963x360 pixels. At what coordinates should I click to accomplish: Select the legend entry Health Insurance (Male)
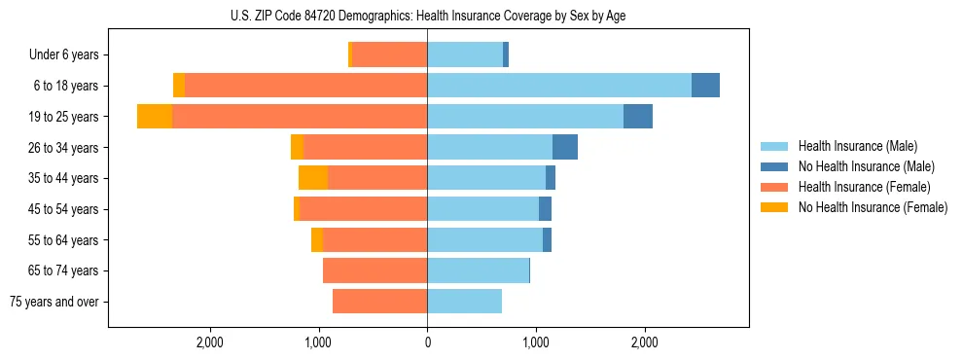857,146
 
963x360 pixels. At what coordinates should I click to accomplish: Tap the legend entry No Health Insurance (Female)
873,207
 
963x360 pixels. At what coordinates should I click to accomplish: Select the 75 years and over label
54,302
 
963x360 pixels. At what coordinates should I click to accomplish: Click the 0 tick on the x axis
427,342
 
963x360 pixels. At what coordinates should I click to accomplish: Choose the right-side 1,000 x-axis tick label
535,342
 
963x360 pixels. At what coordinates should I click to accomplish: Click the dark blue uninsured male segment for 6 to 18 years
705,86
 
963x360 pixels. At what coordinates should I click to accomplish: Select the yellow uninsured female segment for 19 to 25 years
155,117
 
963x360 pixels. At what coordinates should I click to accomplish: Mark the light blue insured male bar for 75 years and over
464,302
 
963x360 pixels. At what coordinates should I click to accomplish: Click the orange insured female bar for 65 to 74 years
374,270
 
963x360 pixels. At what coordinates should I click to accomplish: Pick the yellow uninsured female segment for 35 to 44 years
313,178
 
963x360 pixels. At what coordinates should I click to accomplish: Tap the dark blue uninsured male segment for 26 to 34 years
564,147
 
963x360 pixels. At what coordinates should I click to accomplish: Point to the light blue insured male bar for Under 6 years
465,55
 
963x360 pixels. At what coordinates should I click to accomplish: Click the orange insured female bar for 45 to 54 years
364,209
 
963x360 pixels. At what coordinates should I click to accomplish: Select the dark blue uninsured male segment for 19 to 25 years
637,117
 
